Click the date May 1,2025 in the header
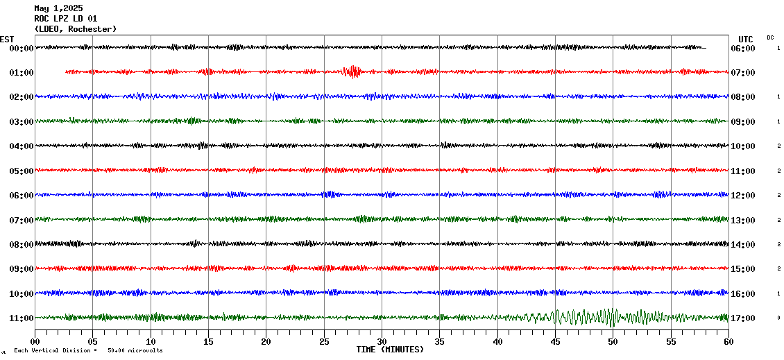point(58,8)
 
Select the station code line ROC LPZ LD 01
point(66,19)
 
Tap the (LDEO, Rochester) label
point(75,28)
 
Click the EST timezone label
point(7,39)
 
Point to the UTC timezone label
point(746,39)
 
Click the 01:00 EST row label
point(21,73)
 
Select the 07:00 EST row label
point(21,221)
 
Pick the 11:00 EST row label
point(21,318)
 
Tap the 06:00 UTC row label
point(742,49)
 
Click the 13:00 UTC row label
point(742,221)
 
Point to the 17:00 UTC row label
point(742,318)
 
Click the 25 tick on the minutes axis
point(324,342)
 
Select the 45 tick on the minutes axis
point(555,342)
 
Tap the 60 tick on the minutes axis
point(728,342)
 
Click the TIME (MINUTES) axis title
point(389,350)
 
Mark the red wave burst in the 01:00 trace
point(353,71)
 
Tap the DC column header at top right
point(770,37)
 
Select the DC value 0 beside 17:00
point(778,318)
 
